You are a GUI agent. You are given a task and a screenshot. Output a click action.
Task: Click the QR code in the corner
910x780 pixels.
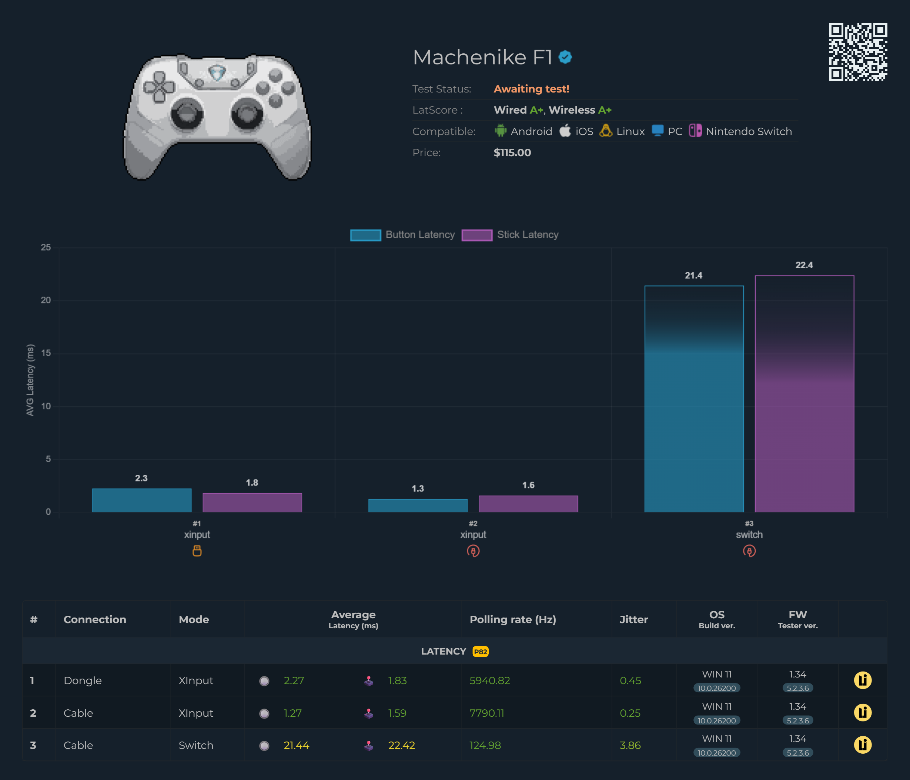(x=858, y=52)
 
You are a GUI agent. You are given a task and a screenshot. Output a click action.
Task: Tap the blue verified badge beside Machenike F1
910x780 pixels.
(x=565, y=57)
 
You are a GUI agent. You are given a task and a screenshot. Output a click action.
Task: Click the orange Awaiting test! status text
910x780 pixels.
(x=531, y=89)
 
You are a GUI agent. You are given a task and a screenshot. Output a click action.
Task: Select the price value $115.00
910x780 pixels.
(x=512, y=153)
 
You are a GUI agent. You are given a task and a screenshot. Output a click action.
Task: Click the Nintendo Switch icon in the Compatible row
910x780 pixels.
(x=695, y=131)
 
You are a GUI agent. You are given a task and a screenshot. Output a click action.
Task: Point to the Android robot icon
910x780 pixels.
(x=500, y=131)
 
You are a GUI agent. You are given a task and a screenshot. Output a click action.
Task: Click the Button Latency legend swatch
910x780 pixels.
(x=365, y=235)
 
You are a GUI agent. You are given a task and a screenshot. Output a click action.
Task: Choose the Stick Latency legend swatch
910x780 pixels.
(x=476, y=235)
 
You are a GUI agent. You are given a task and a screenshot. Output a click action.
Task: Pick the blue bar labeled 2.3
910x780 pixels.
(x=141, y=500)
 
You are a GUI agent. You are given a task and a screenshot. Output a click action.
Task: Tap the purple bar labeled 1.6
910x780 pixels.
(x=528, y=504)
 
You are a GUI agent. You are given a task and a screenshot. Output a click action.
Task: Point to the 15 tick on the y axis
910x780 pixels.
(x=46, y=353)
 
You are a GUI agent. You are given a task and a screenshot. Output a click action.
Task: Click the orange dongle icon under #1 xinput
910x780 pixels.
(x=197, y=551)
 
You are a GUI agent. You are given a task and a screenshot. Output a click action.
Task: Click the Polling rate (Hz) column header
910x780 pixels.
(x=512, y=619)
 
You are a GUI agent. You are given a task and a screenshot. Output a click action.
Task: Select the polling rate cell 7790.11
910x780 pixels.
(x=486, y=713)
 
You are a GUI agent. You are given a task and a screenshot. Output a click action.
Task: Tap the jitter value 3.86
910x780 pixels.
(x=630, y=745)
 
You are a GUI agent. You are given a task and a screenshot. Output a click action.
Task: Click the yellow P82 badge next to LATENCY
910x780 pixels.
(x=480, y=651)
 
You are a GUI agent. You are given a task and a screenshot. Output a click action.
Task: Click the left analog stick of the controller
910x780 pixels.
(x=187, y=114)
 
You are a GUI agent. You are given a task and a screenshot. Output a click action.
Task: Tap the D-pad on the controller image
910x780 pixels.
(x=159, y=87)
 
